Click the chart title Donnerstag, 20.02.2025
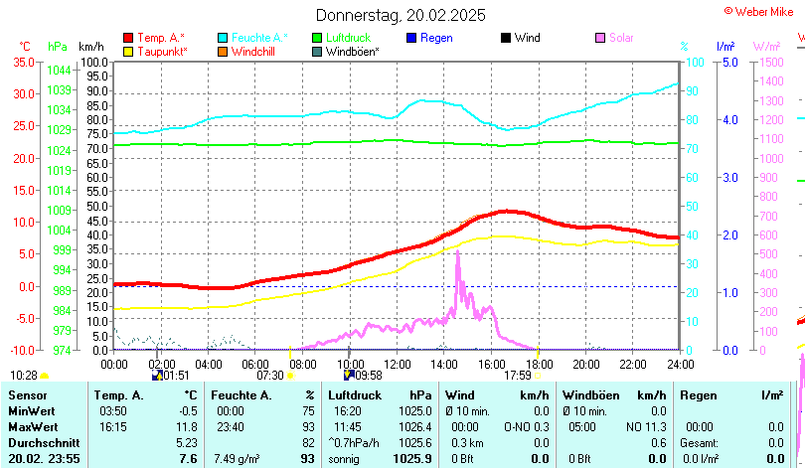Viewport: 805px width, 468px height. (401, 15)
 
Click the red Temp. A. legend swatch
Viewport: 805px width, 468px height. (128, 38)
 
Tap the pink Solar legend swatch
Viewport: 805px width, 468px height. (599, 38)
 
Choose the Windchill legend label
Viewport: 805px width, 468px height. (253, 52)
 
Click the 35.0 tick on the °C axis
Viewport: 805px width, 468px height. (23, 62)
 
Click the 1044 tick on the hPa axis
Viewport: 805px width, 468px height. (59, 70)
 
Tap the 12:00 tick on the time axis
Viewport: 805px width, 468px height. (397, 363)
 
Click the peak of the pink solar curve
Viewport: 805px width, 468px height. (457, 252)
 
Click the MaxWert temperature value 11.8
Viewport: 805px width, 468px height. (186, 426)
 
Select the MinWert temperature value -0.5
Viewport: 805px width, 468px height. (186, 410)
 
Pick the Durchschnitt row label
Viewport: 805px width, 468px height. (43, 442)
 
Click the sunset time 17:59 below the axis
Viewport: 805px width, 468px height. (518, 376)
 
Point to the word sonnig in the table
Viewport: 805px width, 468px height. (348, 458)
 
